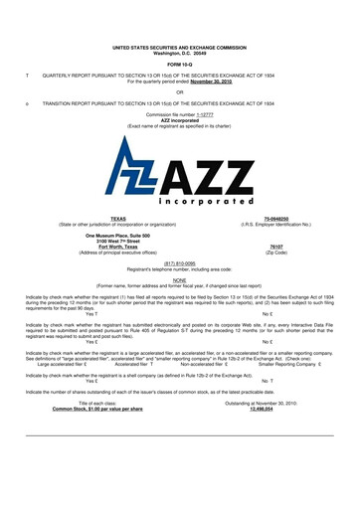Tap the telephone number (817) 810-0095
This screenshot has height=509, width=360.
180,263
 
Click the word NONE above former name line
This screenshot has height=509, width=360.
180,279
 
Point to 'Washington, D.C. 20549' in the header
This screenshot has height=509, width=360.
180,52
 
